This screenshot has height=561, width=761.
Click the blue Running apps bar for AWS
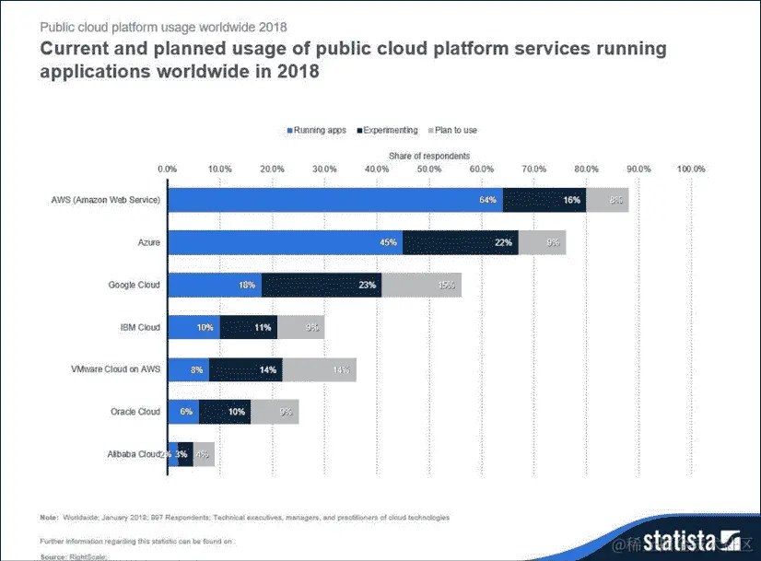click(x=334, y=199)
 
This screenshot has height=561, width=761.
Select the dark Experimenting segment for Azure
click(x=460, y=242)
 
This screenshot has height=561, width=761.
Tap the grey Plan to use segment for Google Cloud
click(x=421, y=285)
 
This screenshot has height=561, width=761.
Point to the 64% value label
click(x=488, y=199)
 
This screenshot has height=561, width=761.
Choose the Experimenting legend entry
click(x=387, y=131)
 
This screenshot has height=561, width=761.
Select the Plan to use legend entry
click(x=451, y=131)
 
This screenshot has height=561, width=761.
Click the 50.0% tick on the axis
click(x=428, y=169)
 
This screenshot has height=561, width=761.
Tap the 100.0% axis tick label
click(x=691, y=169)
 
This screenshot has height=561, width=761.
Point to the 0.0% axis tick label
click(x=167, y=169)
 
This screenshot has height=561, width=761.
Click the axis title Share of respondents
click(x=428, y=157)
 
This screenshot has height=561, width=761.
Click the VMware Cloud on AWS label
click(x=115, y=369)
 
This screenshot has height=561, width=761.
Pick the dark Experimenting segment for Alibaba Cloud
click(x=185, y=454)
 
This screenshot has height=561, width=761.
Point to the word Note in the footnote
click(x=49, y=518)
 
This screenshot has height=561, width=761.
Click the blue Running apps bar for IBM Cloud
click(x=193, y=327)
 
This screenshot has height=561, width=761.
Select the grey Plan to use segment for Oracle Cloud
click(x=275, y=412)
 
